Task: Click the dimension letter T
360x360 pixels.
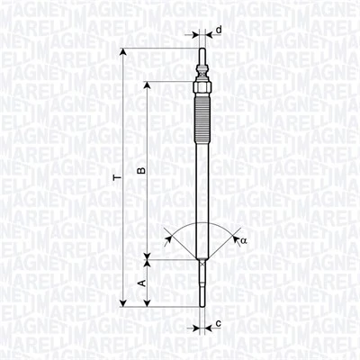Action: point(116,179)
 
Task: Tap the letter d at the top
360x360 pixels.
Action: point(219,30)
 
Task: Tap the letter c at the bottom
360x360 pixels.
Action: point(219,323)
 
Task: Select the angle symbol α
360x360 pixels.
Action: point(243,240)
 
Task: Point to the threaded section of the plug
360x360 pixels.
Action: point(202,117)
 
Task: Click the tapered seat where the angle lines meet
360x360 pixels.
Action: point(202,260)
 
